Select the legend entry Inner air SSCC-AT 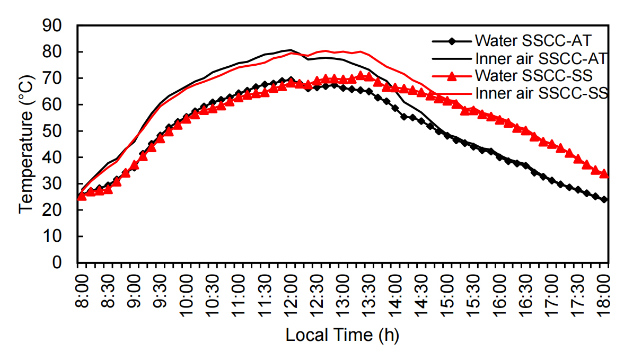click(541, 57)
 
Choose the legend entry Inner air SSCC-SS click(541, 93)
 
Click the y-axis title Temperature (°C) click(26, 144)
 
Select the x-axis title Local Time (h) click(342, 335)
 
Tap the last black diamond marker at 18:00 click(604, 200)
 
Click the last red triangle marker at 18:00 click(604, 173)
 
